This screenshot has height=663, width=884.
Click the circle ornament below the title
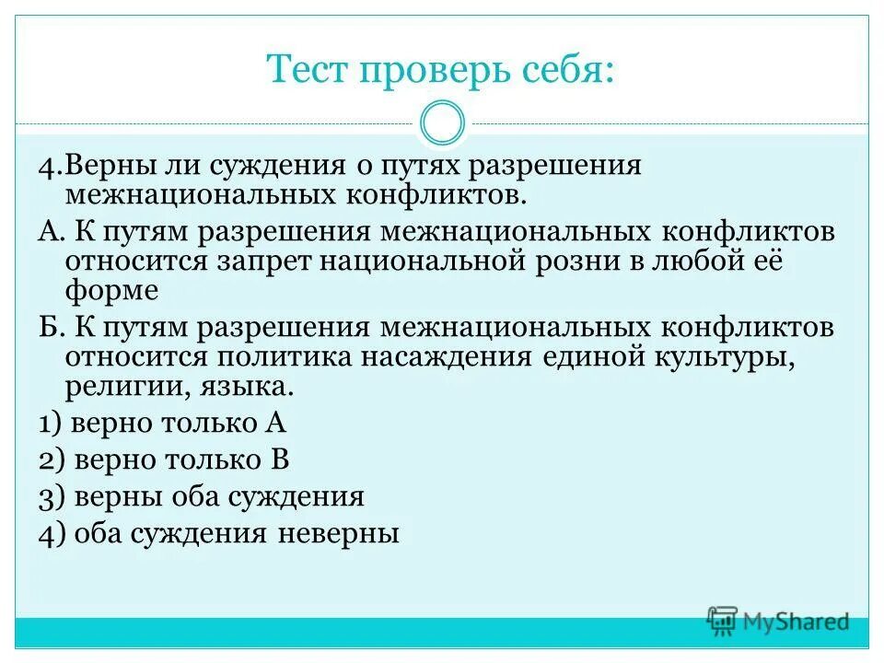coord(442,123)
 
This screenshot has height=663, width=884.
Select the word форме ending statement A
coord(112,291)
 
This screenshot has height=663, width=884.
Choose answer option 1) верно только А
coord(163,424)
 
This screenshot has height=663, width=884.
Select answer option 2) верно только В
coord(165,460)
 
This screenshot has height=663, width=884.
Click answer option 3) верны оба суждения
coord(202,497)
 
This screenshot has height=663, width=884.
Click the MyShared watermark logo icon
coord(722,619)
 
